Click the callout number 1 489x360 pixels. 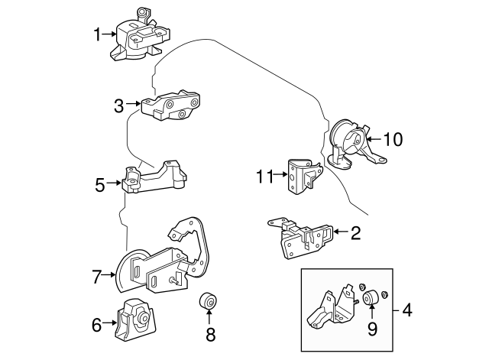click(x=97, y=34)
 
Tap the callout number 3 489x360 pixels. click(x=118, y=106)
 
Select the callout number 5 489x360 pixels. click(x=100, y=184)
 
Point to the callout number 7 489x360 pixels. click(x=96, y=277)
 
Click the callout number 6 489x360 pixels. click(x=96, y=326)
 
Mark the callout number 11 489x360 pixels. click(x=264, y=177)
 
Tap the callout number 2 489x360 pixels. click(x=355, y=232)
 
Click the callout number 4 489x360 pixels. click(x=406, y=310)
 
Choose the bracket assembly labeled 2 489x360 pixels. click(x=302, y=235)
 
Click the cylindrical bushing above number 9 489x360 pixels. click(x=371, y=299)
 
